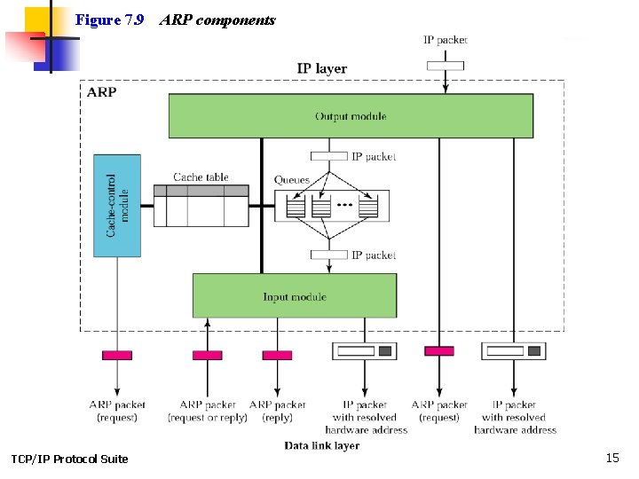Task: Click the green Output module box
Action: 351,116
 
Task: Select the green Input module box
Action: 295,296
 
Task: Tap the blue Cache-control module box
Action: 117,206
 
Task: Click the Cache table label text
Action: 201,177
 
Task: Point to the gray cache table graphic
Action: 201,206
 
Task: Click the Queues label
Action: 291,180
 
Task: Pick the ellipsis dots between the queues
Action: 344,207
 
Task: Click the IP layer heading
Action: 321,68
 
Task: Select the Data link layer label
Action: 321,445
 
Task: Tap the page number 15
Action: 611,458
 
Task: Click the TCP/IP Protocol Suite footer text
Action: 69,459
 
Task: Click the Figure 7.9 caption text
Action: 109,20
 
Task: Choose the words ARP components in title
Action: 217,20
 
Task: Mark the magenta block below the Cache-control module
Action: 117,355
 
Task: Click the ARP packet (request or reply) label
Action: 208,411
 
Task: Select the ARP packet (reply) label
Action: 277,411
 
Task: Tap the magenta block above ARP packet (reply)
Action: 277,355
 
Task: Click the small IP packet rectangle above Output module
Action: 445,65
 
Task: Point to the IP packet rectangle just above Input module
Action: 328,255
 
